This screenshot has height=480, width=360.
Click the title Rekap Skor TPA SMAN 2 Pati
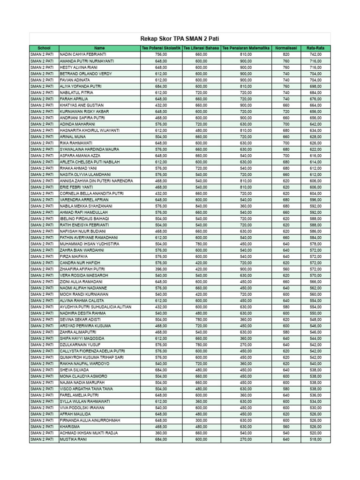[180, 39]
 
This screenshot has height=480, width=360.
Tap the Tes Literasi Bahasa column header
[202, 48]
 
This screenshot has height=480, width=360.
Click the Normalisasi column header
[286, 48]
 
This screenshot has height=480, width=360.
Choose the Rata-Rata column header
[315, 48]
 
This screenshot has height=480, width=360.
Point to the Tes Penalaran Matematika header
[246, 48]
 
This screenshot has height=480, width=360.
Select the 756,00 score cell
[161, 55]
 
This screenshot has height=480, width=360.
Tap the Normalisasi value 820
[286, 55]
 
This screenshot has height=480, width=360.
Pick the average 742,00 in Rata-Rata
[315, 55]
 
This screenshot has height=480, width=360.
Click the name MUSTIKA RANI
[74, 439]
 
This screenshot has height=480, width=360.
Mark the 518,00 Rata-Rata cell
[315, 439]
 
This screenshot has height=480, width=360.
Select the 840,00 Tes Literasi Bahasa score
[202, 206]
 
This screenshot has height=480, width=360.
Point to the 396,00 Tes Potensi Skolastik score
[161, 269]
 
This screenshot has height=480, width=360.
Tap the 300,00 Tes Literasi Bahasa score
[202, 420]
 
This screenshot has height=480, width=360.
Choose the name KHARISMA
[70, 427]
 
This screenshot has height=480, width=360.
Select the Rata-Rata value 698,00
[315, 86]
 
